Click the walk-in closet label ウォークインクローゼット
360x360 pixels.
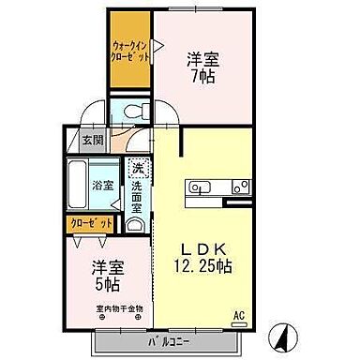tap(130, 48)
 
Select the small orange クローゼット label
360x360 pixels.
tap(90, 223)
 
